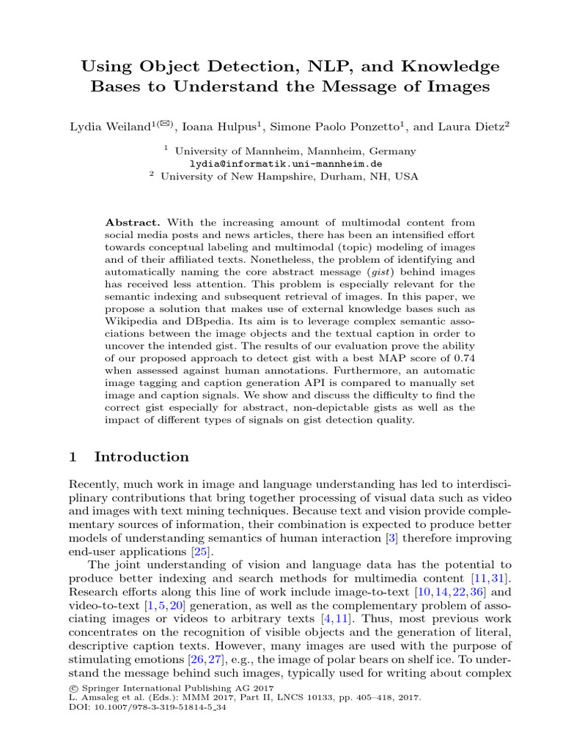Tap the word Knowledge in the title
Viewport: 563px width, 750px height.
pyautogui.click(x=455, y=67)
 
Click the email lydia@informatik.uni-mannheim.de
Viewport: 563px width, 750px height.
pyautogui.click(x=286, y=163)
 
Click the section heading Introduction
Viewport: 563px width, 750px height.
pyautogui.click(x=141, y=457)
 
